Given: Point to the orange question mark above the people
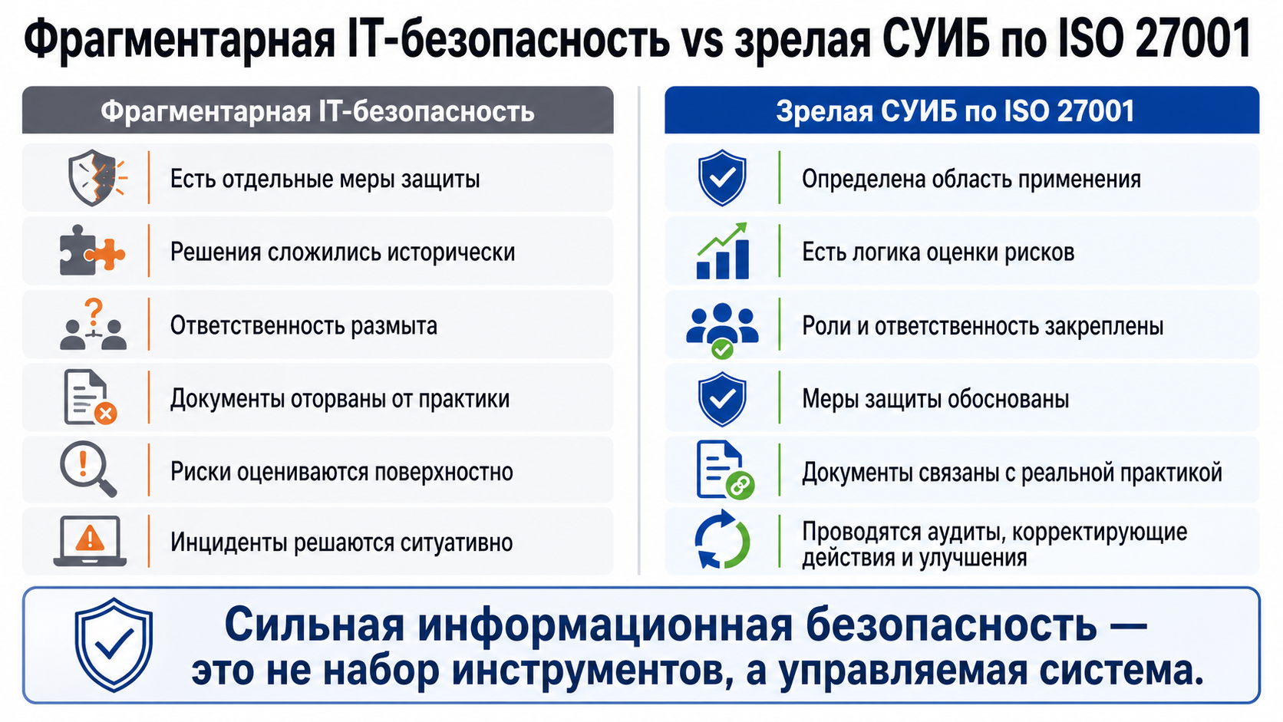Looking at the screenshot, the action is (x=94, y=312).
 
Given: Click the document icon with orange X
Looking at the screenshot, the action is (x=90, y=397).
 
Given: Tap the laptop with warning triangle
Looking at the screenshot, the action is (x=90, y=541).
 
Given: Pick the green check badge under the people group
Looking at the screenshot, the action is (x=722, y=348).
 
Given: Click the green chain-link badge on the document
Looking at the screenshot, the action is (x=740, y=486).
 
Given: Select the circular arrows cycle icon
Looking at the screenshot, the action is (x=722, y=539).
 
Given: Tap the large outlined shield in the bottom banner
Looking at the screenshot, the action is (x=114, y=645).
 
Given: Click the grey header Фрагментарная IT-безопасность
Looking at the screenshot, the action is (x=318, y=110).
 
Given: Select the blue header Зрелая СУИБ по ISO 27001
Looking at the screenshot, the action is (x=961, y=110).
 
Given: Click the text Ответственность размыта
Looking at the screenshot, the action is (x=304, y=326).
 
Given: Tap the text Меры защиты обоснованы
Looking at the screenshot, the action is (x=935, y=398).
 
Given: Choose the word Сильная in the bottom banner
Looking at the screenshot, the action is (x=315, y=625).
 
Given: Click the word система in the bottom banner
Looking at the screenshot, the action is (x=1122, y=671).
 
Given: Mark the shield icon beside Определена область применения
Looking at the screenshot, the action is (x=722, y=177).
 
